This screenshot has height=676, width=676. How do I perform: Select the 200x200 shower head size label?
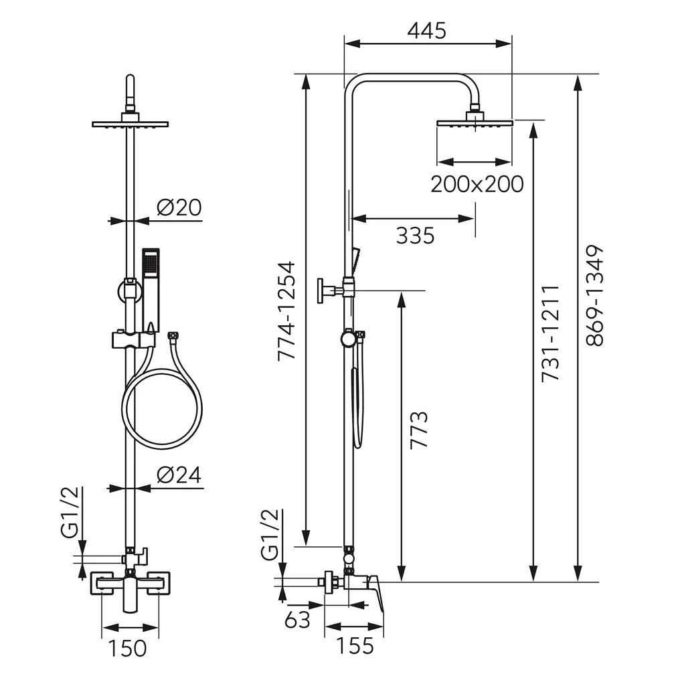click(477, 183)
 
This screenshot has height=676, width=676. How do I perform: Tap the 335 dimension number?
click(415, 236)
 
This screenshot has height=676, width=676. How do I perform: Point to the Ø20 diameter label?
click(179, 208)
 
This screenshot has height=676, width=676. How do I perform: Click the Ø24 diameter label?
click(179, 475)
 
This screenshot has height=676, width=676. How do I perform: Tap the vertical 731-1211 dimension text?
click(550, 333)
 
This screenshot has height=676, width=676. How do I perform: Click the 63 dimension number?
click(297, 620)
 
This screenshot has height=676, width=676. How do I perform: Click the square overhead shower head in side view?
click(474, 122)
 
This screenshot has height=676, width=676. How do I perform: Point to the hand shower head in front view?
click(151, 262)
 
